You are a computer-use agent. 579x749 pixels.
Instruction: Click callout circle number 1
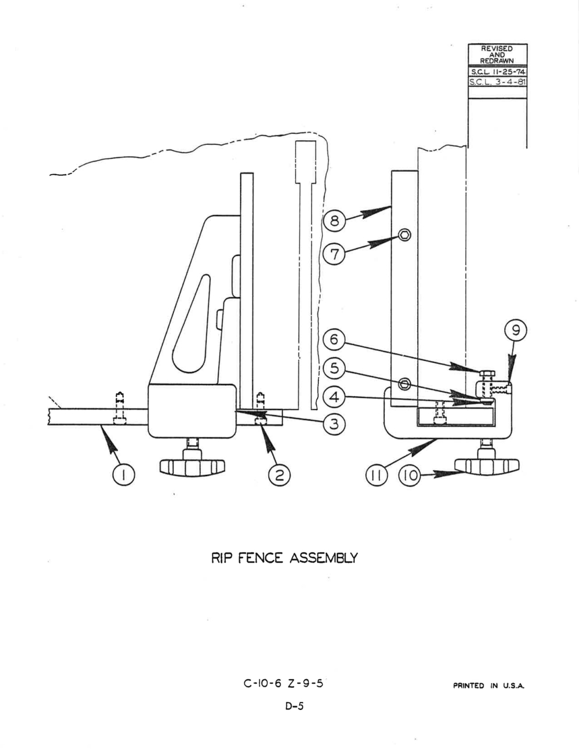[x=124, y=475]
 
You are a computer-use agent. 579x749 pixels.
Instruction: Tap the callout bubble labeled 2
[x=279, y=475]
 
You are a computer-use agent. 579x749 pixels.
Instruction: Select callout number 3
[x=334, y=424]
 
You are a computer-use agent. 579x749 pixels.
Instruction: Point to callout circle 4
[x=334, y=397]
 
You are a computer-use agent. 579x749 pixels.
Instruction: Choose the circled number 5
[x=334, y=368]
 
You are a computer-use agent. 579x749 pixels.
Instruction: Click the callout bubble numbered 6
[x=334, y=339]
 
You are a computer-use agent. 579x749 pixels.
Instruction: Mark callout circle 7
[x=334, y=254]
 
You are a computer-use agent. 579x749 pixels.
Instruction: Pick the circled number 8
[x=334, y=220]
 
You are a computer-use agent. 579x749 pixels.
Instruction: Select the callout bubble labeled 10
[x=410, y=475]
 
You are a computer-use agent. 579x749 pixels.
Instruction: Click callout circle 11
[x=376, y=475]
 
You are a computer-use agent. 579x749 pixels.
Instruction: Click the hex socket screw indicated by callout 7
[x=404, y=235]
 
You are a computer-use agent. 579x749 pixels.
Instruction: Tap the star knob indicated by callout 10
[x=487, y=465]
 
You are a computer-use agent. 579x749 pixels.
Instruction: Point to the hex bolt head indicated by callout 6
[x=487, y=373]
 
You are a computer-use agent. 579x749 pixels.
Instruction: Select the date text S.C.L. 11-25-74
[x=498, y=72]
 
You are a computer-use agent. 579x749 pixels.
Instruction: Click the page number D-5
[x=294, y=707]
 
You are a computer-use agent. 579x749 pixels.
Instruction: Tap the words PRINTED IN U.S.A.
[x=489, y=686]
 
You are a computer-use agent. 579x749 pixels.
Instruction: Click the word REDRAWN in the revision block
[x=497, y=61]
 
